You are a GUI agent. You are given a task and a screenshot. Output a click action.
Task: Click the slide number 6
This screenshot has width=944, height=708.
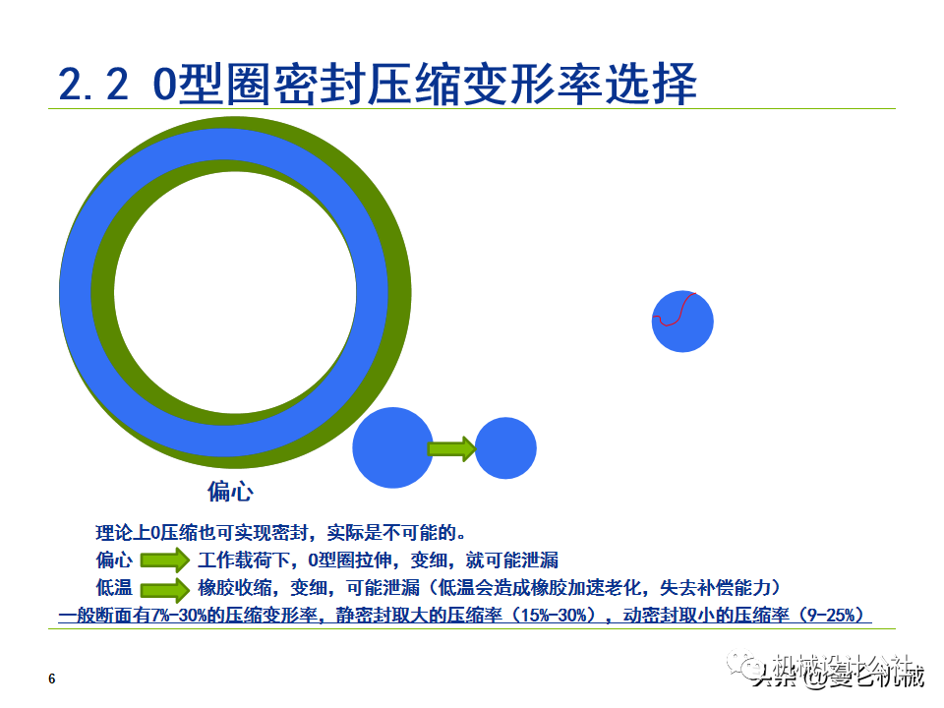tap(52, 679)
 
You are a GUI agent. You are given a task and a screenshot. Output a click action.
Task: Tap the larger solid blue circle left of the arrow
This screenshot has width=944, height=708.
tap(392, 447)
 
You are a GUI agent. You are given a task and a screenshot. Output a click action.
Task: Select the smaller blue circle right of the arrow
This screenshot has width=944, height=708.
tap(505, 448)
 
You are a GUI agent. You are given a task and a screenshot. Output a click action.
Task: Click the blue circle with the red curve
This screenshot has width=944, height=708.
tap(682, 322)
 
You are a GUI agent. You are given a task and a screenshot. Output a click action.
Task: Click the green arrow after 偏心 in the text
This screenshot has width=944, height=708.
tap(163, 561)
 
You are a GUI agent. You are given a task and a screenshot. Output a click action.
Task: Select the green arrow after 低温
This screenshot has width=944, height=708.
tap(163, 590)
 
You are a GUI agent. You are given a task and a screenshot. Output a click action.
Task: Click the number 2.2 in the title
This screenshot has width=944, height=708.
tap(93, 85)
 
